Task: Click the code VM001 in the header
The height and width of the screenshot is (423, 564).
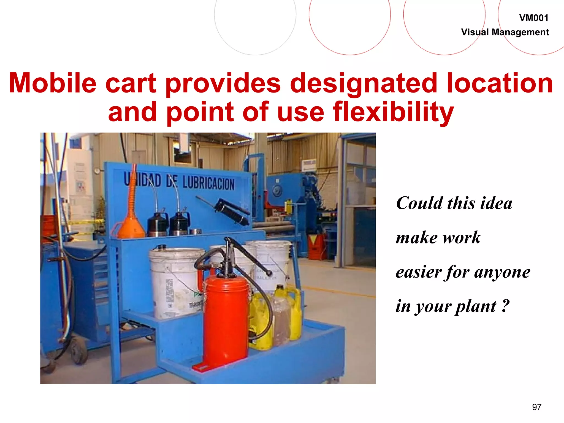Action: (x=533, y=18)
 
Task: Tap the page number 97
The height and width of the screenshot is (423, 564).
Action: (x=536, y=407)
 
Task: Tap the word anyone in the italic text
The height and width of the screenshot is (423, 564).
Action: (x=502, y=272)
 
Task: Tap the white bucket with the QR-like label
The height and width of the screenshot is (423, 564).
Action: (x=176, y=284)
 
